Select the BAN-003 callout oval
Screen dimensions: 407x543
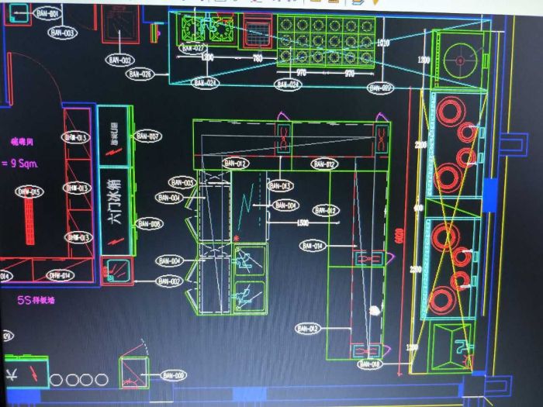(63, 33)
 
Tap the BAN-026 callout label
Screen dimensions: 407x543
(140, 74)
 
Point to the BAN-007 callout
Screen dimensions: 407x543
(148, 136)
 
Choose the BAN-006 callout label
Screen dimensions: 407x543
(172, 375)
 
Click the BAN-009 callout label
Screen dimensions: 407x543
(149, 224)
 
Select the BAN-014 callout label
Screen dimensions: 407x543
(312, 246)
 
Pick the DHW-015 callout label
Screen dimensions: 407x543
(30, 191)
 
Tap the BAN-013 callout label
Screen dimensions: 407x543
(280, 186)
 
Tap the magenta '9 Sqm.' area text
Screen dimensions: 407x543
(19, 164)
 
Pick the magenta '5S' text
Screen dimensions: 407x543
(12, 298)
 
